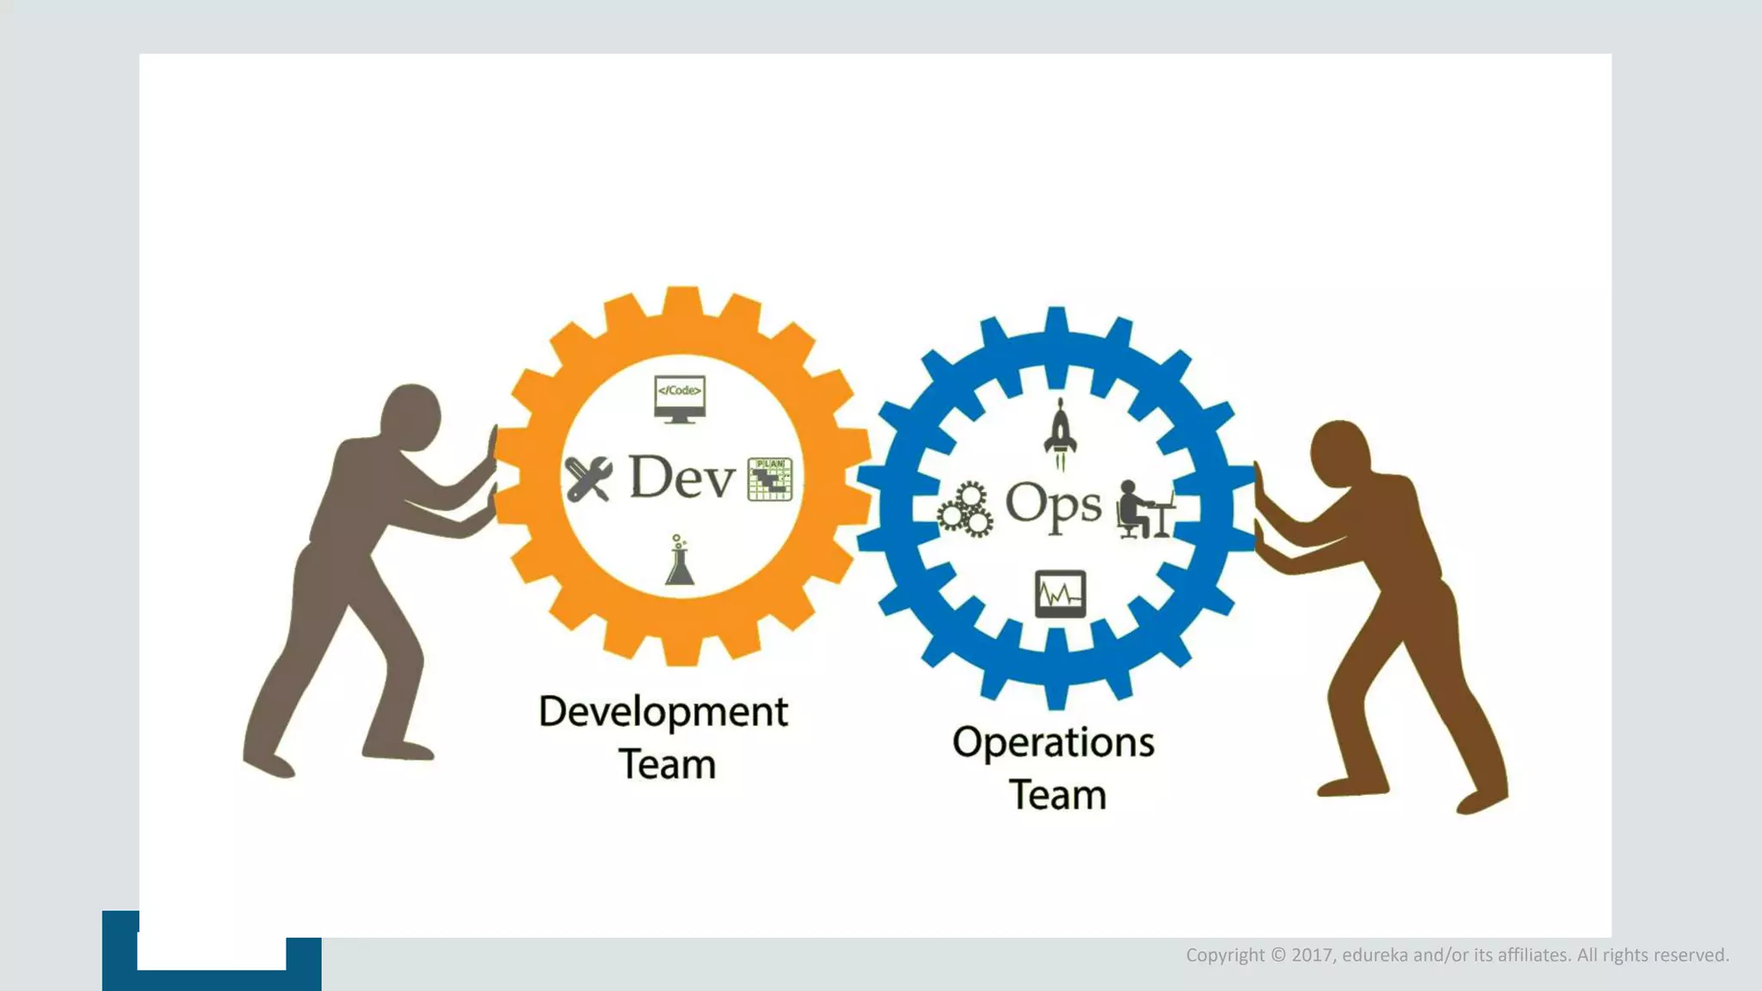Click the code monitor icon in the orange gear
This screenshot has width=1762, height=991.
(680, 398)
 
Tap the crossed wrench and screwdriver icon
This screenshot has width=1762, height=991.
(588, 478)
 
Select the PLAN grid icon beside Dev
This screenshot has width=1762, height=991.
(770, 479)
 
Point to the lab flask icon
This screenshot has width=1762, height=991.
(680, 562)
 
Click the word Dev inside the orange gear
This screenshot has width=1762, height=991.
(682, 477)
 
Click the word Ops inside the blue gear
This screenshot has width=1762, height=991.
(1053, 504)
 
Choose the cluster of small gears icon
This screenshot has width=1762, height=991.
(965, 509)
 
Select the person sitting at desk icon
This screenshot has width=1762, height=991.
(1143, 509)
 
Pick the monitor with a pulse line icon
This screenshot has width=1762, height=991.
(1060, 594)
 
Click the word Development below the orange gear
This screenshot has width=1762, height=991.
(662, 712)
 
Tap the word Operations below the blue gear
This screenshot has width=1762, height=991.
(1053, 742)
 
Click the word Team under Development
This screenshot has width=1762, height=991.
(667, 765)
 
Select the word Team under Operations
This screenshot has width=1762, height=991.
(1057, 795)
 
